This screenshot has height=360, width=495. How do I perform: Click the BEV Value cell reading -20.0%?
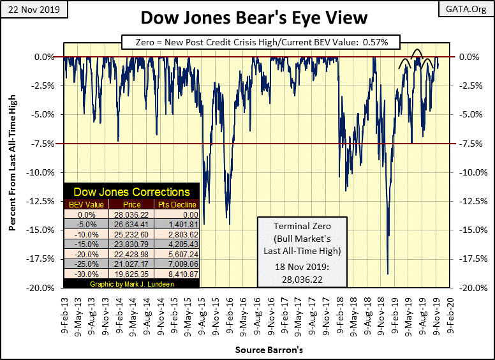pos(88,252)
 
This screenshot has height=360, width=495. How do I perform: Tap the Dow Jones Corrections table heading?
pos(131,191)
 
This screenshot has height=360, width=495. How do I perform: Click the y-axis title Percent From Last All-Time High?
pos(13,172)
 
